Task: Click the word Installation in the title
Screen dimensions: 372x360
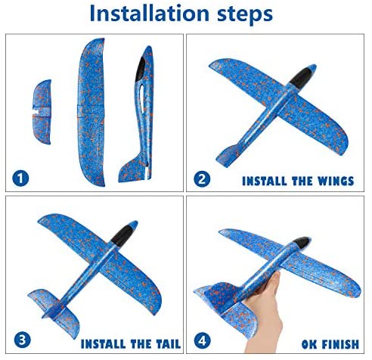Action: [x=149, y=13]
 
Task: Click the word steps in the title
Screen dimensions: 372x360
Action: [x=245, y=14]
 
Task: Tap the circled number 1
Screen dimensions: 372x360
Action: [x=20, y=178]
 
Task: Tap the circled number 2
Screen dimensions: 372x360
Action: [x=202, y=179]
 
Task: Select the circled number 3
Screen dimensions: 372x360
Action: [x=23, y=340]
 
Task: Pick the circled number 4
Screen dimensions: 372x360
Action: [x=203, y=341]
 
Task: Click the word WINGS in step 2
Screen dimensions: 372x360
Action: [x=336, y=182]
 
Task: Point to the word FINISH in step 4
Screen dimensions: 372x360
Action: [x=340, y=345]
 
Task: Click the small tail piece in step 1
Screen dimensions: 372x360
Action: [x=43, y=112]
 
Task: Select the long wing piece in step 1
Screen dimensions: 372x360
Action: [x=91, y=112]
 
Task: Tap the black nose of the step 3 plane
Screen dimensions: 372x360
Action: [x=122, y=235]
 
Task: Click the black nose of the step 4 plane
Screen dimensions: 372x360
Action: [x=302, y=243]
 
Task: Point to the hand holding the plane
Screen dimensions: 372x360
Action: [x=265, y=315]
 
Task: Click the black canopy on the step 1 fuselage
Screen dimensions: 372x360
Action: [x=141, y=69]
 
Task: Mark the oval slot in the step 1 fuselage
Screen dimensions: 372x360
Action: [x=142, y=99]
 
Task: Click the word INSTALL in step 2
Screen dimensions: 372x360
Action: [x=265, y=182]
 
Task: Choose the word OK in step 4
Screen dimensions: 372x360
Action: [x=309, y=345]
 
